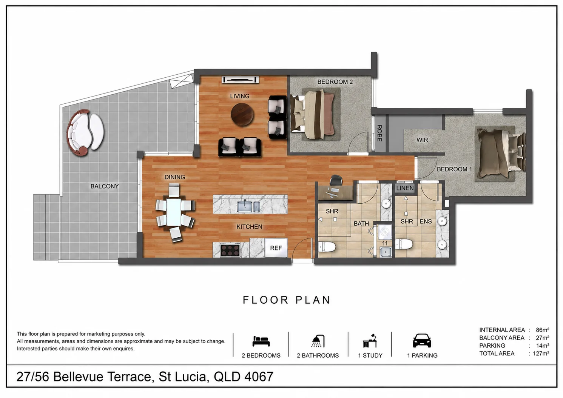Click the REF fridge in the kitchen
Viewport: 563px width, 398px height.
276,247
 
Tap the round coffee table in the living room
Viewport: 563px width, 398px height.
242,115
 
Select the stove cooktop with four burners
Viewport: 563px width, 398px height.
230,250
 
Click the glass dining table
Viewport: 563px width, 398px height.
174,212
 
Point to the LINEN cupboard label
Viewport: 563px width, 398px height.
405,188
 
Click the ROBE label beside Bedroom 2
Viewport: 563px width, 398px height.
379,133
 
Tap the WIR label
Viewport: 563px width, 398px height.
422,140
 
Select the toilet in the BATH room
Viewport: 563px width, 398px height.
327,247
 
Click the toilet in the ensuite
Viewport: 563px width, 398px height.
404,244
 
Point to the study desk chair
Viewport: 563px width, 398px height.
336,180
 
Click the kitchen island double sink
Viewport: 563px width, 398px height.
248,206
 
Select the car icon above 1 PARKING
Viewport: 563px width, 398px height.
422,341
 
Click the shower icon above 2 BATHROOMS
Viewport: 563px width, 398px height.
318,341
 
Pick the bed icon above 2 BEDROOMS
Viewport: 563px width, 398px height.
261,341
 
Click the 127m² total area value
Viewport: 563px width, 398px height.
541,353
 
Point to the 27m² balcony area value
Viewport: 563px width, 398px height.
542,338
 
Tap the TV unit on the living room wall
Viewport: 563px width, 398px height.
240,80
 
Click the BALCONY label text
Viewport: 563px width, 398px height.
105,186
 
